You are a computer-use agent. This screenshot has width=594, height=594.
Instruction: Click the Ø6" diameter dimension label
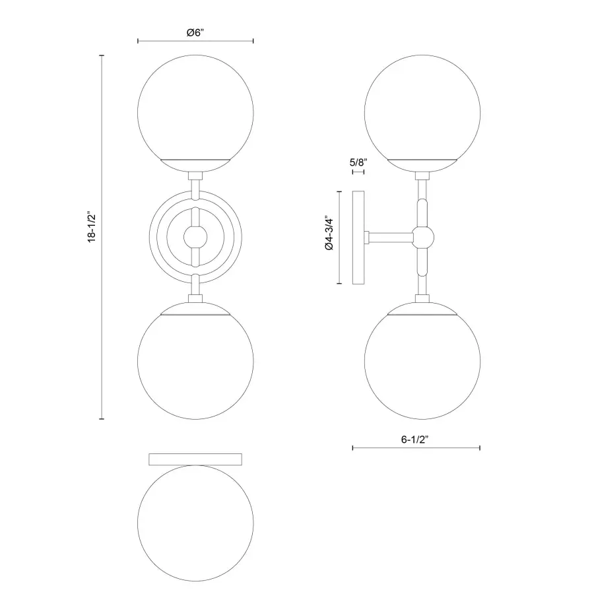(x=195, y=32)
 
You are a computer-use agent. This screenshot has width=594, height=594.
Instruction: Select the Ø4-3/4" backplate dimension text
(x=329, y=238)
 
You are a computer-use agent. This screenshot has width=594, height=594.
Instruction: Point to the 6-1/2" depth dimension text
(x=415, y=439)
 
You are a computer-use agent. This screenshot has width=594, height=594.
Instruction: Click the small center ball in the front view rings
(x=195, y=236)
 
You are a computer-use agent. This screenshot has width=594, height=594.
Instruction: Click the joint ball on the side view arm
(x=422, y=236)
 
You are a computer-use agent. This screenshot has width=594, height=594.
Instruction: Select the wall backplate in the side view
(x=360, y=238)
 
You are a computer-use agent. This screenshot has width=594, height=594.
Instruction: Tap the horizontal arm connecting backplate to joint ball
(x=389, y=236)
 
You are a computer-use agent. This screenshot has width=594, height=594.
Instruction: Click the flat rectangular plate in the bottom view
(x=195, y=459)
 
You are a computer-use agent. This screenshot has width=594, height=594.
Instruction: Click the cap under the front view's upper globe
(x=195, y=163)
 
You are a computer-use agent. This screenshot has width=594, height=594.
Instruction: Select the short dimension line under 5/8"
(x=358, y=172)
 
